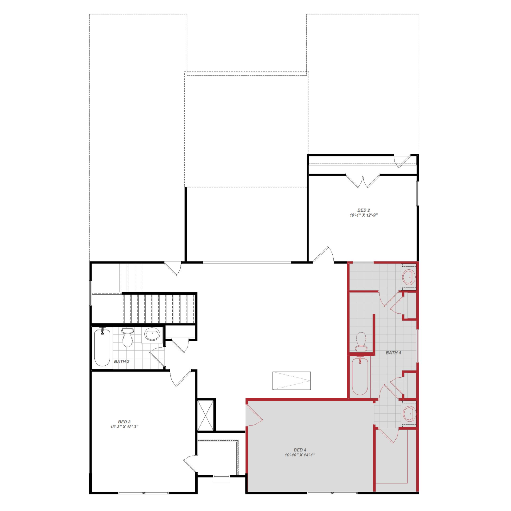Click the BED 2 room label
364,210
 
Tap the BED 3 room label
124,422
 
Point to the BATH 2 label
122,361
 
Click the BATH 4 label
393,353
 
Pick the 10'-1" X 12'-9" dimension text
364,215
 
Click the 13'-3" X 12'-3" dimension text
124,427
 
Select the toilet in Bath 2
127,337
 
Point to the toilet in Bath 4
361,342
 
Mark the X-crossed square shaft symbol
205,415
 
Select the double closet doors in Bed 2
362,181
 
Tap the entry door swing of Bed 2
324,254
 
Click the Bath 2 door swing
157,357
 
